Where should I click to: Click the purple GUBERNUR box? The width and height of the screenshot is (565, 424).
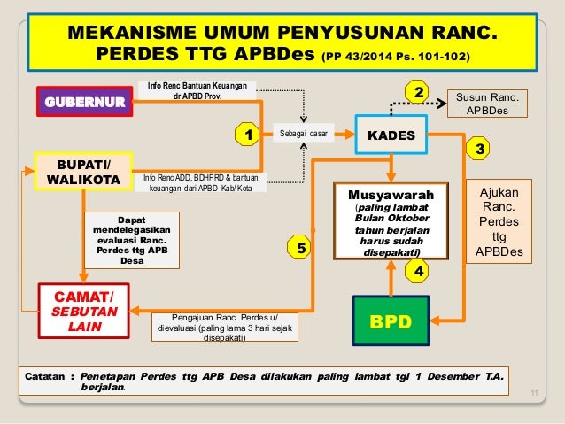(81, 101)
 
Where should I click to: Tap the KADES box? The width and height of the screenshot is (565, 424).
(391, 135)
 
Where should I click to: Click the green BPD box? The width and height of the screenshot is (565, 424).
(391, 320)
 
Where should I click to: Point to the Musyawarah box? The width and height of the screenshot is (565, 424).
(391, 221)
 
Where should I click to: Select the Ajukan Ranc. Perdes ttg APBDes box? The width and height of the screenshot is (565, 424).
(499, 222)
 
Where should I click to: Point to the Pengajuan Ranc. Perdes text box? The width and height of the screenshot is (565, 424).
(225, 327)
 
